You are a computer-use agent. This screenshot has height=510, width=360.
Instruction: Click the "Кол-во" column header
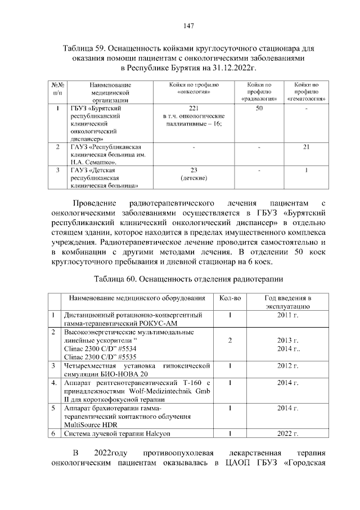click(x=229, y=298)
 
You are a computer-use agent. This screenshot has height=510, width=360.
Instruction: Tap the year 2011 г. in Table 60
click(x=287, y=315)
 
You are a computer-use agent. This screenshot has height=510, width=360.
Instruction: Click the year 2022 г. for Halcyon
click(x=287, y=433)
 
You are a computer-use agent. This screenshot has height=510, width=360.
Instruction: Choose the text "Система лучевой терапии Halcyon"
click(x=117, y=433)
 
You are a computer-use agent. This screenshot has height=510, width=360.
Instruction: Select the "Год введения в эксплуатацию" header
click(x=287, y=302)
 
